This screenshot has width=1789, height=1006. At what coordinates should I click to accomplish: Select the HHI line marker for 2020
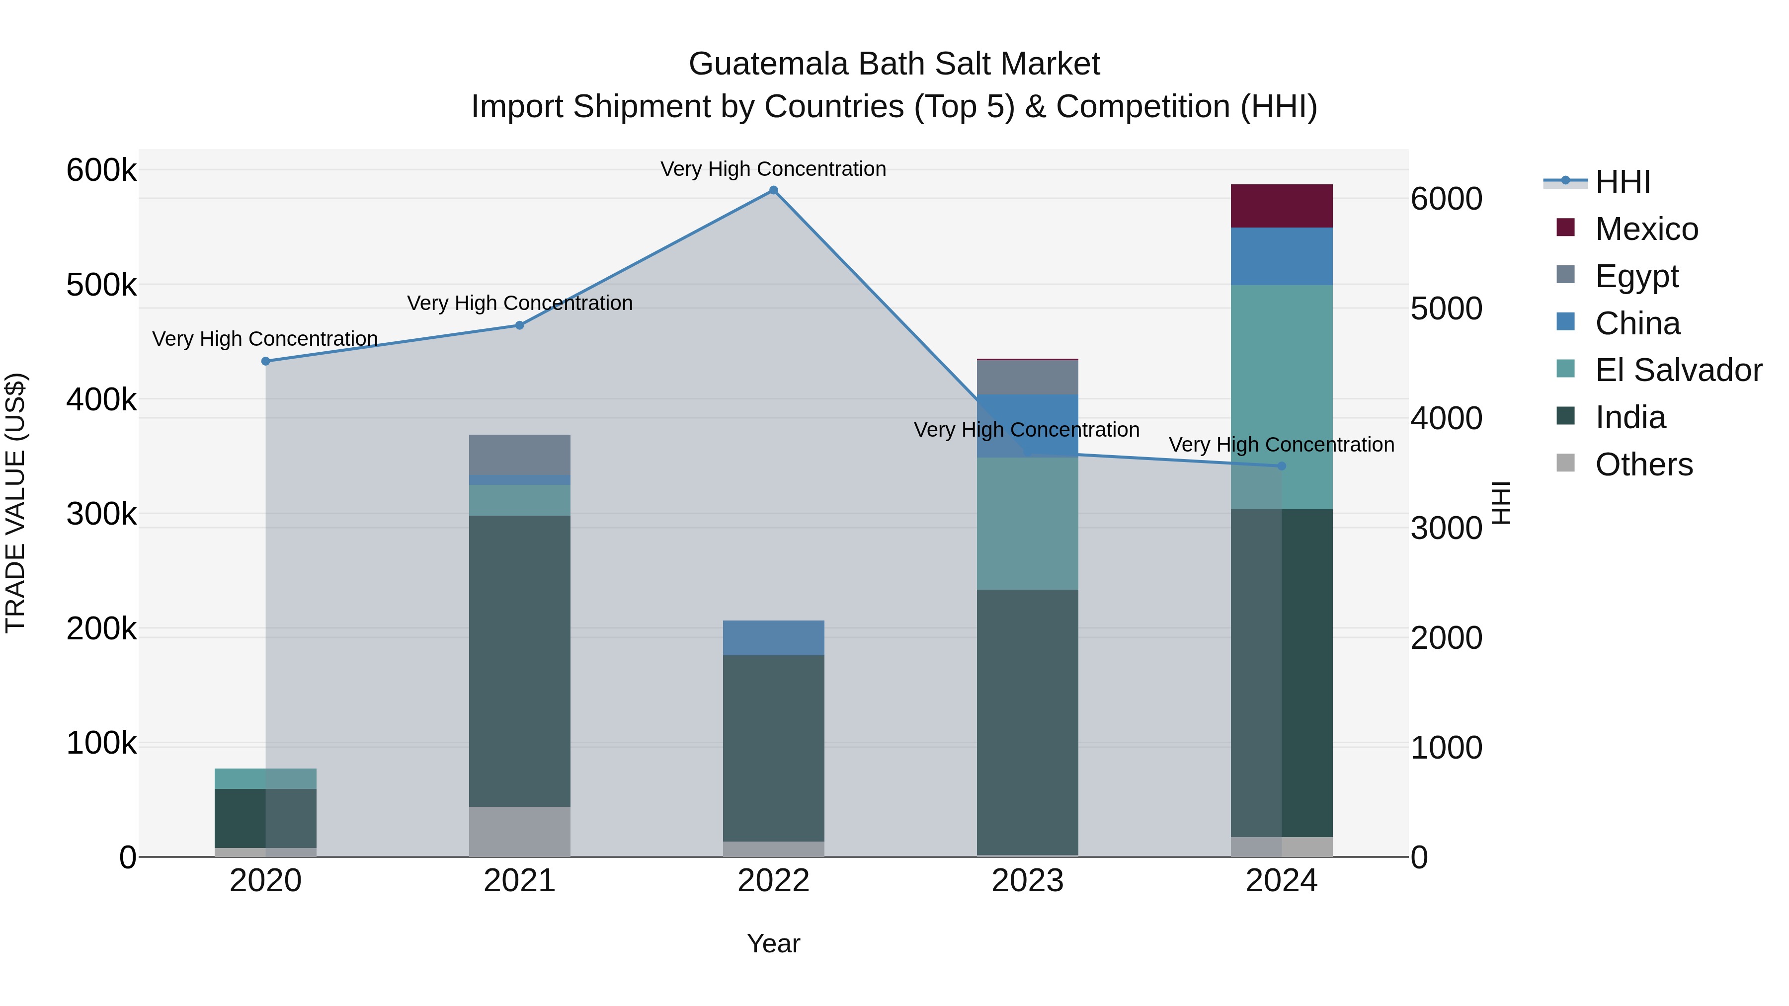tap(265, 361)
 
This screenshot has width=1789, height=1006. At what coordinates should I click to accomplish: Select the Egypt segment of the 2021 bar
tap(519, 455)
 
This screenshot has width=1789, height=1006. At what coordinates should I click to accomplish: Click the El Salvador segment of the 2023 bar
tap(1027, 524)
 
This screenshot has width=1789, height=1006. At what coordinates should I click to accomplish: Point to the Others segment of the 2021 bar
tap(519, 831)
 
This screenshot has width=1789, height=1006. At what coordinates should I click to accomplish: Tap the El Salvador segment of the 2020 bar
tap(265, 778)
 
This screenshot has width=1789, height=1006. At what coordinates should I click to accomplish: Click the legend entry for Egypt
tap(1636, 276)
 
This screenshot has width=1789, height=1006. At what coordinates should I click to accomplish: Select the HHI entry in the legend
tap(1623, 182)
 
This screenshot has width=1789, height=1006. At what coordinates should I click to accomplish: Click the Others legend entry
tap(1643, 464)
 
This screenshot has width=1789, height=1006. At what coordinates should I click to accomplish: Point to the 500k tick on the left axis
tap(101, 285)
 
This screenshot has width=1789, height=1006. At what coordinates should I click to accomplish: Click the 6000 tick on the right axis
tap(1446, 199)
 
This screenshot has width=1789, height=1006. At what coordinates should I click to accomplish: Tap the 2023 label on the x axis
tap(1027, 881)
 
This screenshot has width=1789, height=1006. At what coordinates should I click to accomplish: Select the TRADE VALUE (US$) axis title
tap(15, 503)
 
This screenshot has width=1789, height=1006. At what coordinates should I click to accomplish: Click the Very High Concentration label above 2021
tap(519, 304)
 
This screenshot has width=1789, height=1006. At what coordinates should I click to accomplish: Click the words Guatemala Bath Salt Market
tap(894, 64)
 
